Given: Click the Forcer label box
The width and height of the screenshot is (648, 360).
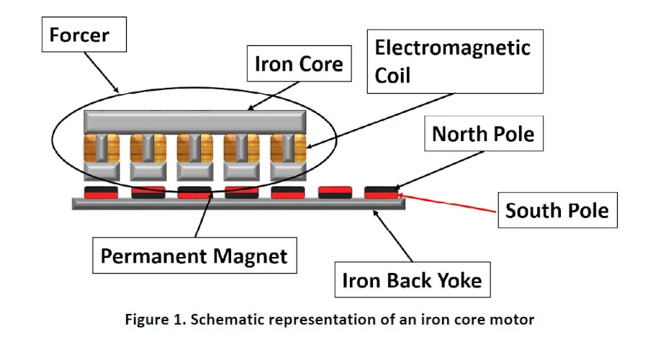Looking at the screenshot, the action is pyautogui.click(x=84, y=35).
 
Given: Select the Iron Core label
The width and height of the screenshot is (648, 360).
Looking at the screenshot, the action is pyautogui.click(x=300, y=63).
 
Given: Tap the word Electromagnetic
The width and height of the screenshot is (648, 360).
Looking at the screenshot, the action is pyautogui.click(x=452, y=48).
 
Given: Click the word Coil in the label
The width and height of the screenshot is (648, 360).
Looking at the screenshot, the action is pyautogui.click(x=392, y=75).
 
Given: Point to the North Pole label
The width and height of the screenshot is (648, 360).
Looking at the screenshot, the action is pyautogui.click(x=484, y=133).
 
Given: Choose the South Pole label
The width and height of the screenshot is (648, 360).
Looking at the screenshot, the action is pyautogui.click(x=557, y=210).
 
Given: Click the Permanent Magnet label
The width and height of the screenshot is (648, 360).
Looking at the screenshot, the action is pyautogui.click(x=194, y=256).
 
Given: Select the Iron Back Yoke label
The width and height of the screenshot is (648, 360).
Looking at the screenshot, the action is pyautogui.click(x=413, y=280).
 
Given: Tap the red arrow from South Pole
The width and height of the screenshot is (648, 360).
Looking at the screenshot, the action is pyautogui.click(x=446, y=203).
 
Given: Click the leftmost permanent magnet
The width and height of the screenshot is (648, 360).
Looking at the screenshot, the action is pyautogui.click(x=101, y=193).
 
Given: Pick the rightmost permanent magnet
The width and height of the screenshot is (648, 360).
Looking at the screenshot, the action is pyautogui.click(x=381, y=193).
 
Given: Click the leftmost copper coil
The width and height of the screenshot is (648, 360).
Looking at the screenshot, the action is pyautogui.click(x=102, y=148).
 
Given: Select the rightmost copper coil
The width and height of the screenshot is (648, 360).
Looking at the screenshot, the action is pyautogui.click(x=289, y=148).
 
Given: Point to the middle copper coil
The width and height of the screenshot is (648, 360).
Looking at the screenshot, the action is pyautogui.click(x=195, y=148).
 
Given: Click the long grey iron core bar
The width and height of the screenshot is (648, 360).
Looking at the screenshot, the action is pyautogui.click(x=195, y=122).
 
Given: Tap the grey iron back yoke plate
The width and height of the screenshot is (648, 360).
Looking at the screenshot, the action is pyautogui.click(x=238, y=204).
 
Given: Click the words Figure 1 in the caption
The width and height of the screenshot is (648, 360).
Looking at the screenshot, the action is pyautogui.click(x=156, y=320).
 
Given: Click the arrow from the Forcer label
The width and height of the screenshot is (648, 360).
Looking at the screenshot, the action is pyautogui.click(x=102, y=72).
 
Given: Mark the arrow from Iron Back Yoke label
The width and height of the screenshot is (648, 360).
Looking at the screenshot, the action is pyautogui.click(x=392, y=235).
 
